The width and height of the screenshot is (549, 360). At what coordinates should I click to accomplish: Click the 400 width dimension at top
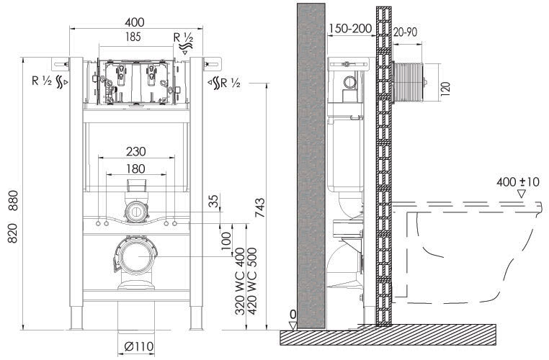tap(135, 22)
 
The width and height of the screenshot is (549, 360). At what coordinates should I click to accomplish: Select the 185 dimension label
tap(133, 37)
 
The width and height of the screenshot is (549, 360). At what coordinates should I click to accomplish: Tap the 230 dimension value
tap(136, 151)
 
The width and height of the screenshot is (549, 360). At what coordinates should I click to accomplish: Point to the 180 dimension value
tap(135, 168)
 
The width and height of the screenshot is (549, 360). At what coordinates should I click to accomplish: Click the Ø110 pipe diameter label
tap(139, 347)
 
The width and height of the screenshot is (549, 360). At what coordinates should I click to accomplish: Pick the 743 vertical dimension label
tap(260, 208)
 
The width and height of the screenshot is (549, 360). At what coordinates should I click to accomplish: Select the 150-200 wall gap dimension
tap(350, 28)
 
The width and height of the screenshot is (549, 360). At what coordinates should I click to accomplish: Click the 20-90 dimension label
tap(405, 32)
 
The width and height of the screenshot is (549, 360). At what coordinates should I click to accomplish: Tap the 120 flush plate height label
tap(445, 89)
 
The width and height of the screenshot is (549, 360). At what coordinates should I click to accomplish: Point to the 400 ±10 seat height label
tap(518, 182)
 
